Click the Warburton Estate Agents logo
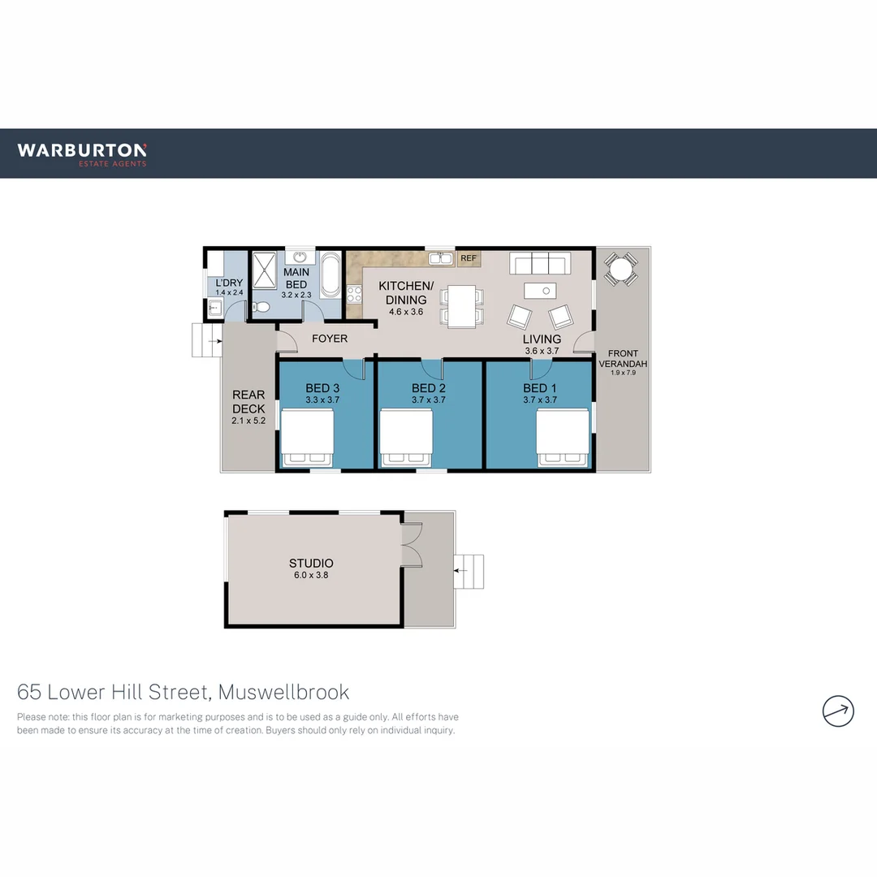coord(82,153)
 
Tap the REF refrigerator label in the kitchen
coord(468,259)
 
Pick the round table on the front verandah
coord(621,269)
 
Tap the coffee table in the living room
coord(540,290)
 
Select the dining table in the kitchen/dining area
coord(462,305)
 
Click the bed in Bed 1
coord(564,438)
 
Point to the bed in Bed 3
coord(308,438)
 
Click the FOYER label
coord(330,339)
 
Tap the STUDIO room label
coord(311,563)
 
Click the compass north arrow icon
coord(838,711)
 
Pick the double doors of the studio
coord(411,543)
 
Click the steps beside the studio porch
coord(469,571)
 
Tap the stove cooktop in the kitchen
coord(354,295)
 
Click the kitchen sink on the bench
coord(441,258)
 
